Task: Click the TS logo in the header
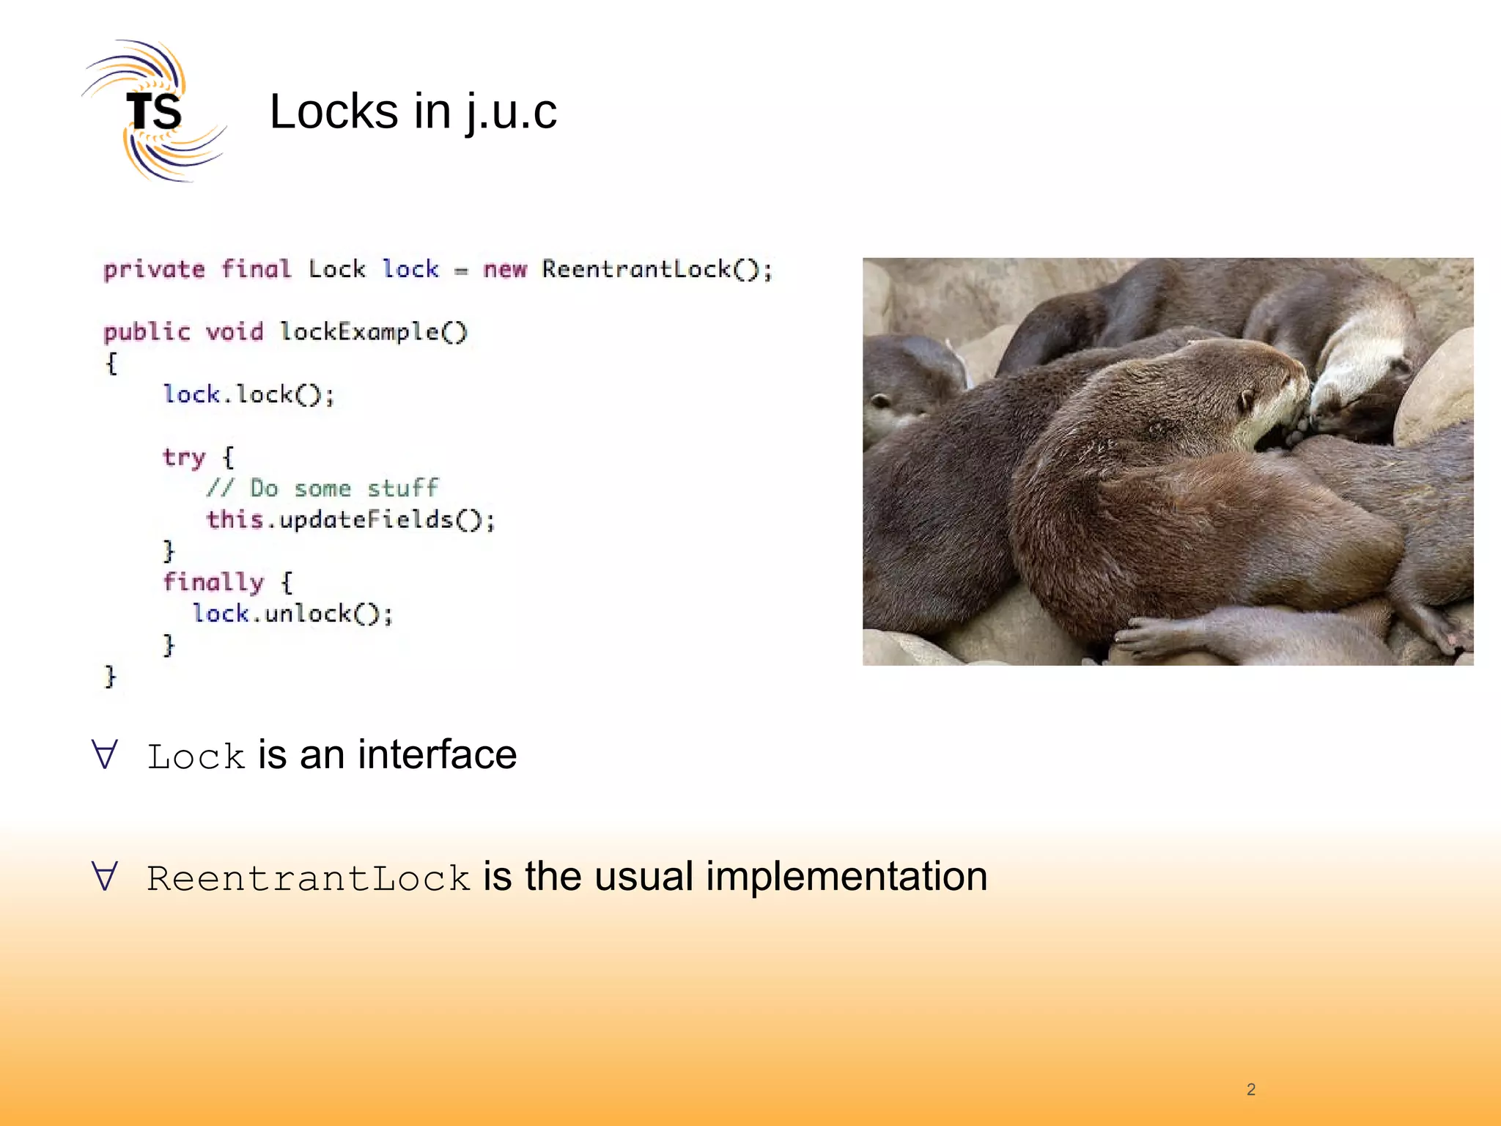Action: point(153,111)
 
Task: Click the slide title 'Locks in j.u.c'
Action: point(413,111)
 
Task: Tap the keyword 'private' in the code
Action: point(154,270)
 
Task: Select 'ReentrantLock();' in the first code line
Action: point(657,270)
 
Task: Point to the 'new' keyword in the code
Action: point(504,270)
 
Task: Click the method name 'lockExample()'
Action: point(373,332)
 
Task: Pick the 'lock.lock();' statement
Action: point(248,395)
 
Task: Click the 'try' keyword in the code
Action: point(183,457)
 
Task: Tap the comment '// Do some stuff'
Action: point(322,488)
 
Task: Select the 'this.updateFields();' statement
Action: point(350,520)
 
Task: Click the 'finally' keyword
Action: point(213,582)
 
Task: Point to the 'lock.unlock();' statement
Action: point(292,614)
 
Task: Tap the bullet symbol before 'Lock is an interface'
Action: point(105,754)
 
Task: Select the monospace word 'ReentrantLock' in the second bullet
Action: point(308,878)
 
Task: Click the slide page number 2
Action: point(1251,1089)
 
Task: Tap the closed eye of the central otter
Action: point(1244,401)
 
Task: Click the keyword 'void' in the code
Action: point(234,332)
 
